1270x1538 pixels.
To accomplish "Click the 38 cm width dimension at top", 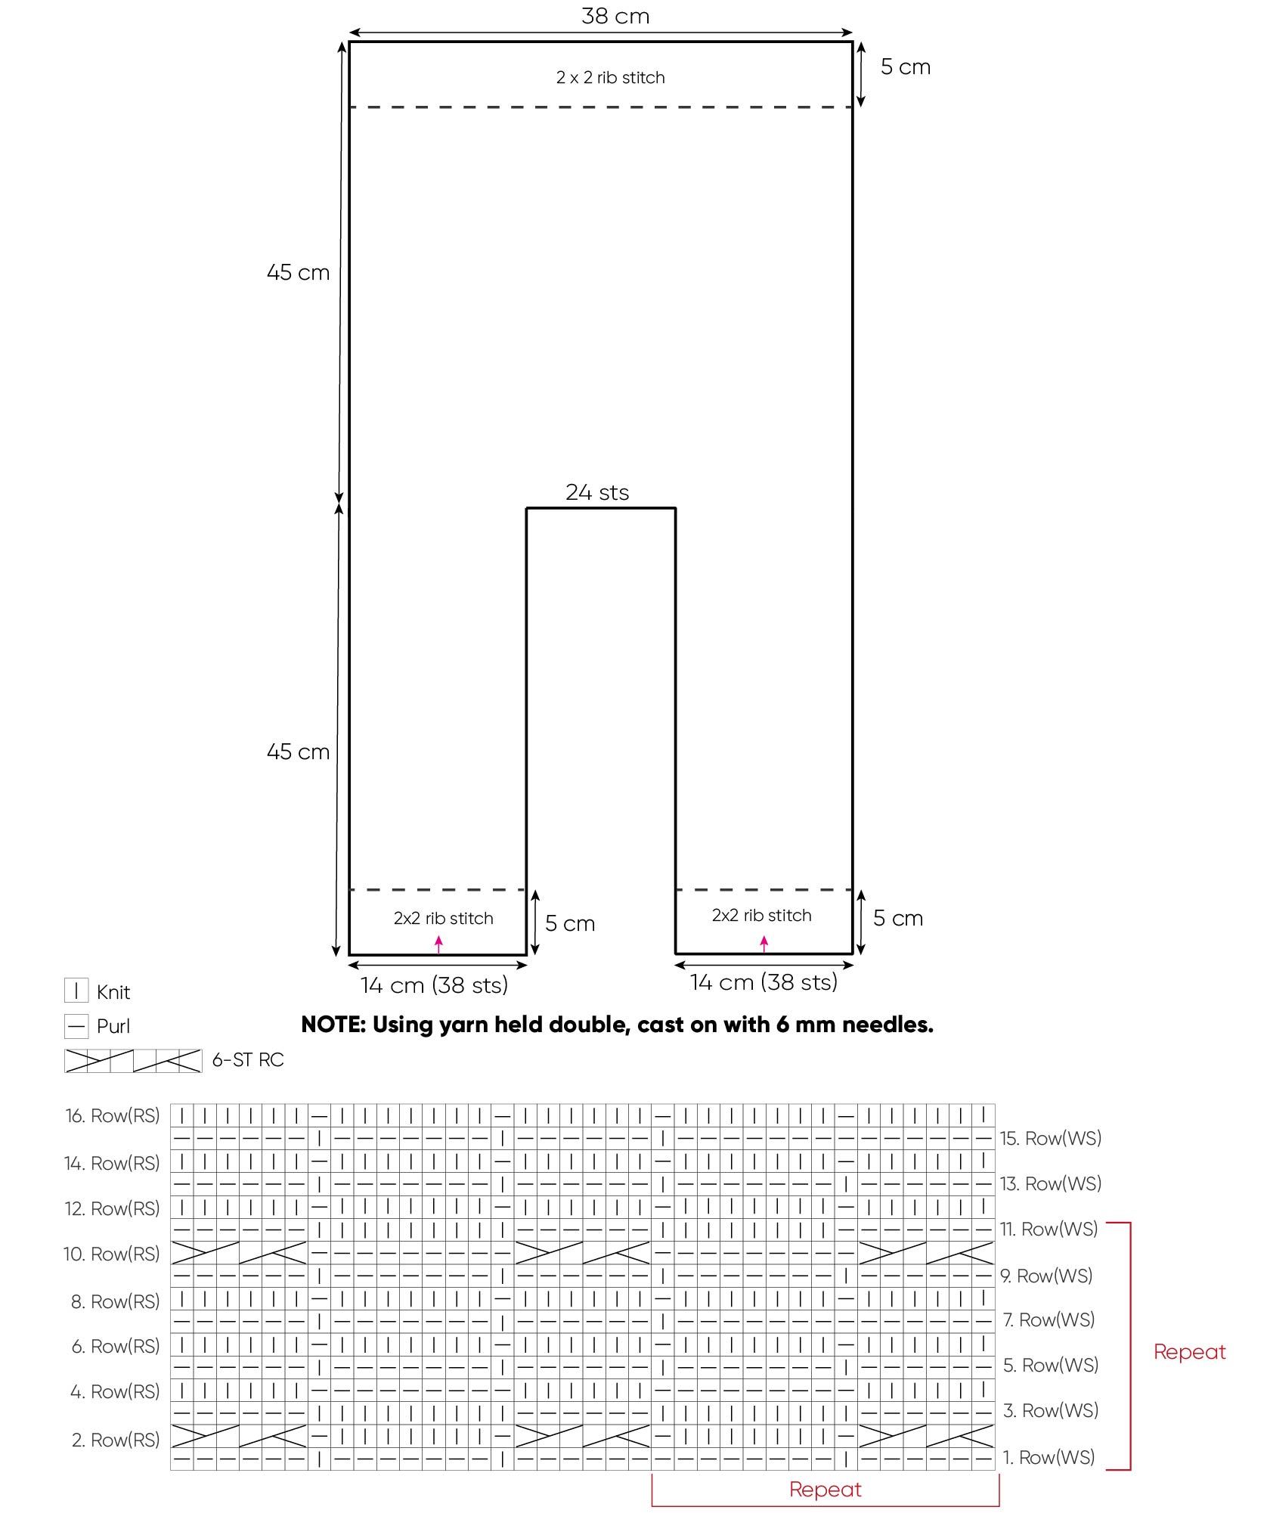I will click(615, 16).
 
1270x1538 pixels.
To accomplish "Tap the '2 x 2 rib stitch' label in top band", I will click(610, 77).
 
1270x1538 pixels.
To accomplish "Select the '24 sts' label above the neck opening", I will click(597, 492).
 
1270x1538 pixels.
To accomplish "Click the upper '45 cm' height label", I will click(298, 272).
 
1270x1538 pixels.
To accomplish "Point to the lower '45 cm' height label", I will click(298, 752).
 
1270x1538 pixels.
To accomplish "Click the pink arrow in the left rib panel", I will click(438, 944).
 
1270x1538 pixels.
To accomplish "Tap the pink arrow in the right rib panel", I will click(764, 943).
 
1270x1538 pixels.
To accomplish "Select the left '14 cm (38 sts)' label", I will click(434, 985).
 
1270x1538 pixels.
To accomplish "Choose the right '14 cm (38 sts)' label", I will click(764, 982).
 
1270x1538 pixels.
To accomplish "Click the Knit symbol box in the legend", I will click(76, 991).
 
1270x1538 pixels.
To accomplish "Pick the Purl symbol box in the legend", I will click(76, 1026).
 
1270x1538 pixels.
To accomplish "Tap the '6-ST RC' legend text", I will click(248, 1060).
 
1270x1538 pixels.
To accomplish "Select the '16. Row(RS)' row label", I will click(113, 1115).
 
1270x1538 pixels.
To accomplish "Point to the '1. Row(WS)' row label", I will click(1049, 1457).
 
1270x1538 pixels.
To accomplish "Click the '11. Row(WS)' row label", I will click(1049, 1229).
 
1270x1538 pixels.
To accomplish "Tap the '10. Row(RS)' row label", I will click(112, 1254).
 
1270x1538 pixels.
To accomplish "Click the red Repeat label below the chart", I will click(825, 1490).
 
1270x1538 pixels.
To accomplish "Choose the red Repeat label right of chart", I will click(1189, 1352).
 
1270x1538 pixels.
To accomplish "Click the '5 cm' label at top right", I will click(905, 67).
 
